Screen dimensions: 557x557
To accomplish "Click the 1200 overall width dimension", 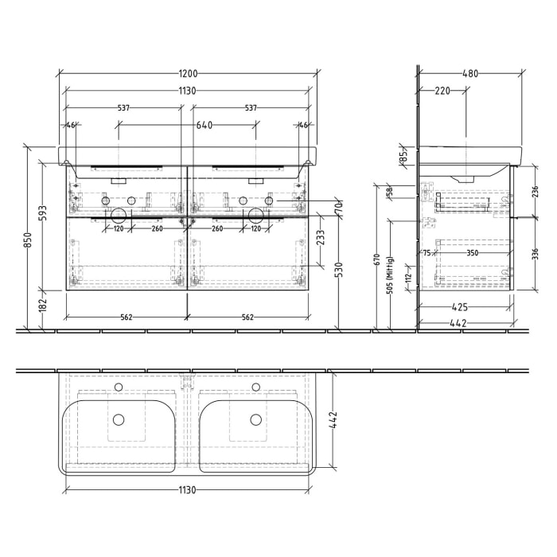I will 187,73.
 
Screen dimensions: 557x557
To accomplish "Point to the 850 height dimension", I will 27,240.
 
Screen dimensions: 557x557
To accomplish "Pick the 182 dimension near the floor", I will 44,304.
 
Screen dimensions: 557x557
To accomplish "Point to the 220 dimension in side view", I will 442,91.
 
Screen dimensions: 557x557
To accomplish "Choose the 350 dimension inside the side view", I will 473,253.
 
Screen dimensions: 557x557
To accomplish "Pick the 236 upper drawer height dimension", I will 535,191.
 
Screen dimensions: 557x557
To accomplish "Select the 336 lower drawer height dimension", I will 535,254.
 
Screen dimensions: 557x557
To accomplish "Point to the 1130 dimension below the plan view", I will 187,491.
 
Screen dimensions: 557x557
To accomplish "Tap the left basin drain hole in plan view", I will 119,419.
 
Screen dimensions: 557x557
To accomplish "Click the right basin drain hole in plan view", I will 255,419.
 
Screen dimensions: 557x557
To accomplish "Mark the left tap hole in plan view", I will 119,388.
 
